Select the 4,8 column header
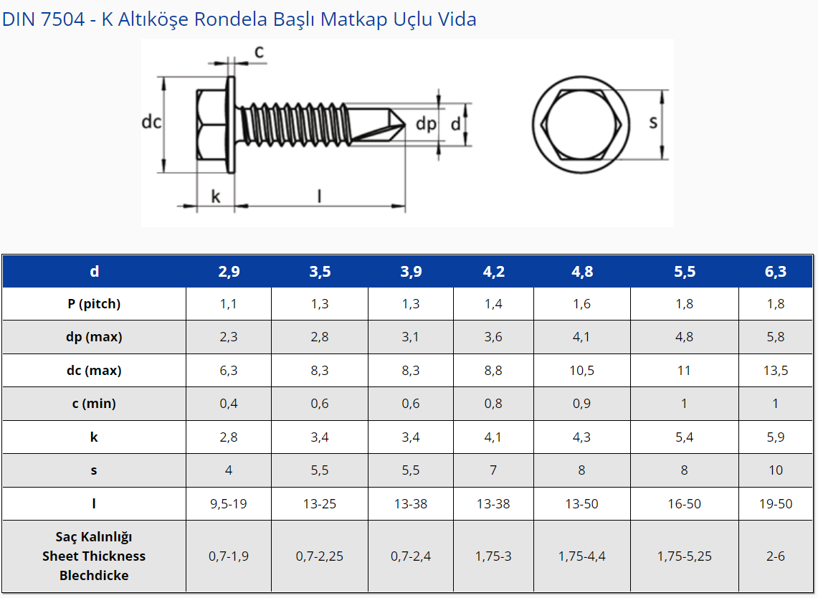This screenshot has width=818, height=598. click(581, 271)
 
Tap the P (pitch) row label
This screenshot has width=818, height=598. click(94, 304)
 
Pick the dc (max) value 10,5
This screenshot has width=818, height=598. click(581, 371)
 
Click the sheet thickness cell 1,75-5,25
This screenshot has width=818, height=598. click(685, 556)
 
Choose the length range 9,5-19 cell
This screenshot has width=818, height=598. click(229, 504)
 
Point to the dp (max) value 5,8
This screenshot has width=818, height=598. click(775, 337)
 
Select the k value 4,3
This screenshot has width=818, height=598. click(581, 437)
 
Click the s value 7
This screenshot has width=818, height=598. click(493, 470)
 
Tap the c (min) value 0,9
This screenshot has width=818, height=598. click(581, 404)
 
